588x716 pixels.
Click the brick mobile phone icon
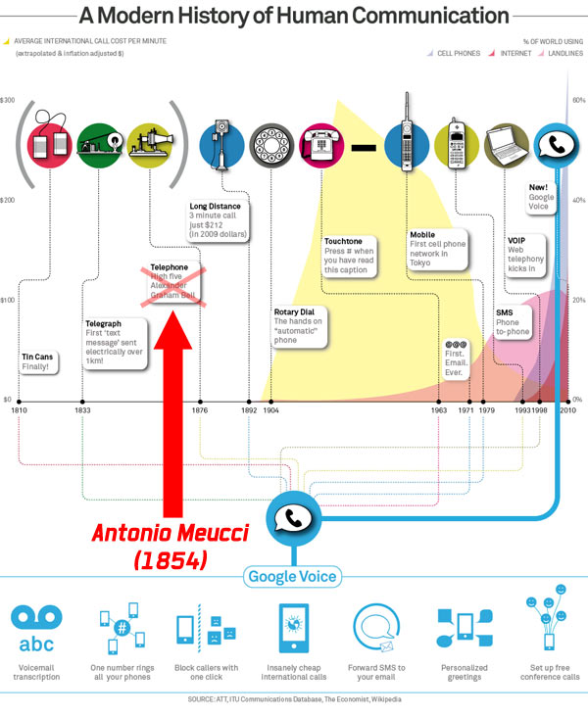[x=404, y=140]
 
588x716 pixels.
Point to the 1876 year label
[x=201, y=411]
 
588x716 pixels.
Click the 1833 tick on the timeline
[x=81, y=401]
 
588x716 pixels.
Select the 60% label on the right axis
[x=578, y=101]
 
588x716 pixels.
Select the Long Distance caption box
[x=218, y=221]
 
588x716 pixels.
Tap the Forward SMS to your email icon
[x=377, y=627]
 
